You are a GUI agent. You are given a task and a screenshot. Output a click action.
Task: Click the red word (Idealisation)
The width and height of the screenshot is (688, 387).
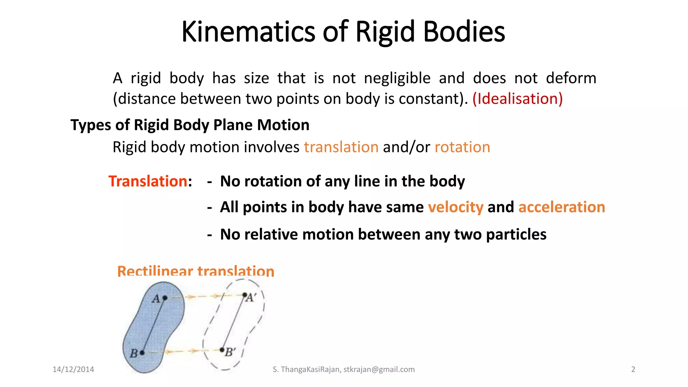517,99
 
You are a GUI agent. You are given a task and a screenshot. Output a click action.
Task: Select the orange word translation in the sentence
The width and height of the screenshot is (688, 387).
341,147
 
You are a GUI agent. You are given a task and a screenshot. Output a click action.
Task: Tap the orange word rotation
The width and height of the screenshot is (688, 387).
462,147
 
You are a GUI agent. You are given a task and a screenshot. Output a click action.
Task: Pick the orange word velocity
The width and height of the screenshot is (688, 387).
456,207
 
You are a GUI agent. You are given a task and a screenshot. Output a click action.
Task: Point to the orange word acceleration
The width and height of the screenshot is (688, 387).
562,207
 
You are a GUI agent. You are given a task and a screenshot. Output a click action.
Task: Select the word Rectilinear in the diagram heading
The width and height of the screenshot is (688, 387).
155,271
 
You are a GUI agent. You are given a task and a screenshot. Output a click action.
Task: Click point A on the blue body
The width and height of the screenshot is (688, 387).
165,298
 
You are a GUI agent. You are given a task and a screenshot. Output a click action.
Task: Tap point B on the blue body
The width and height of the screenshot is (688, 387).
142,353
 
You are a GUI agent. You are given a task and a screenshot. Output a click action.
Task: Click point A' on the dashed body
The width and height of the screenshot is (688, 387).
245,295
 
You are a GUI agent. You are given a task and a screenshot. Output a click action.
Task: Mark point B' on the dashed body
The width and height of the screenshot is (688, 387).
222,350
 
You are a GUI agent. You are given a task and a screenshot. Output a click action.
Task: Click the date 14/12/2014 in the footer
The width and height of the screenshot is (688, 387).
73,370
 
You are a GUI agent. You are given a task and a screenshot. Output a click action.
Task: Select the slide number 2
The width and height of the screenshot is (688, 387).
633,370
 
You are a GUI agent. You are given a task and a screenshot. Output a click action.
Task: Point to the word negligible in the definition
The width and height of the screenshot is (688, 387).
397,78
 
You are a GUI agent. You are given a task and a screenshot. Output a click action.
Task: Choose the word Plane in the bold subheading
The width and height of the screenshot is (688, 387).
233,125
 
